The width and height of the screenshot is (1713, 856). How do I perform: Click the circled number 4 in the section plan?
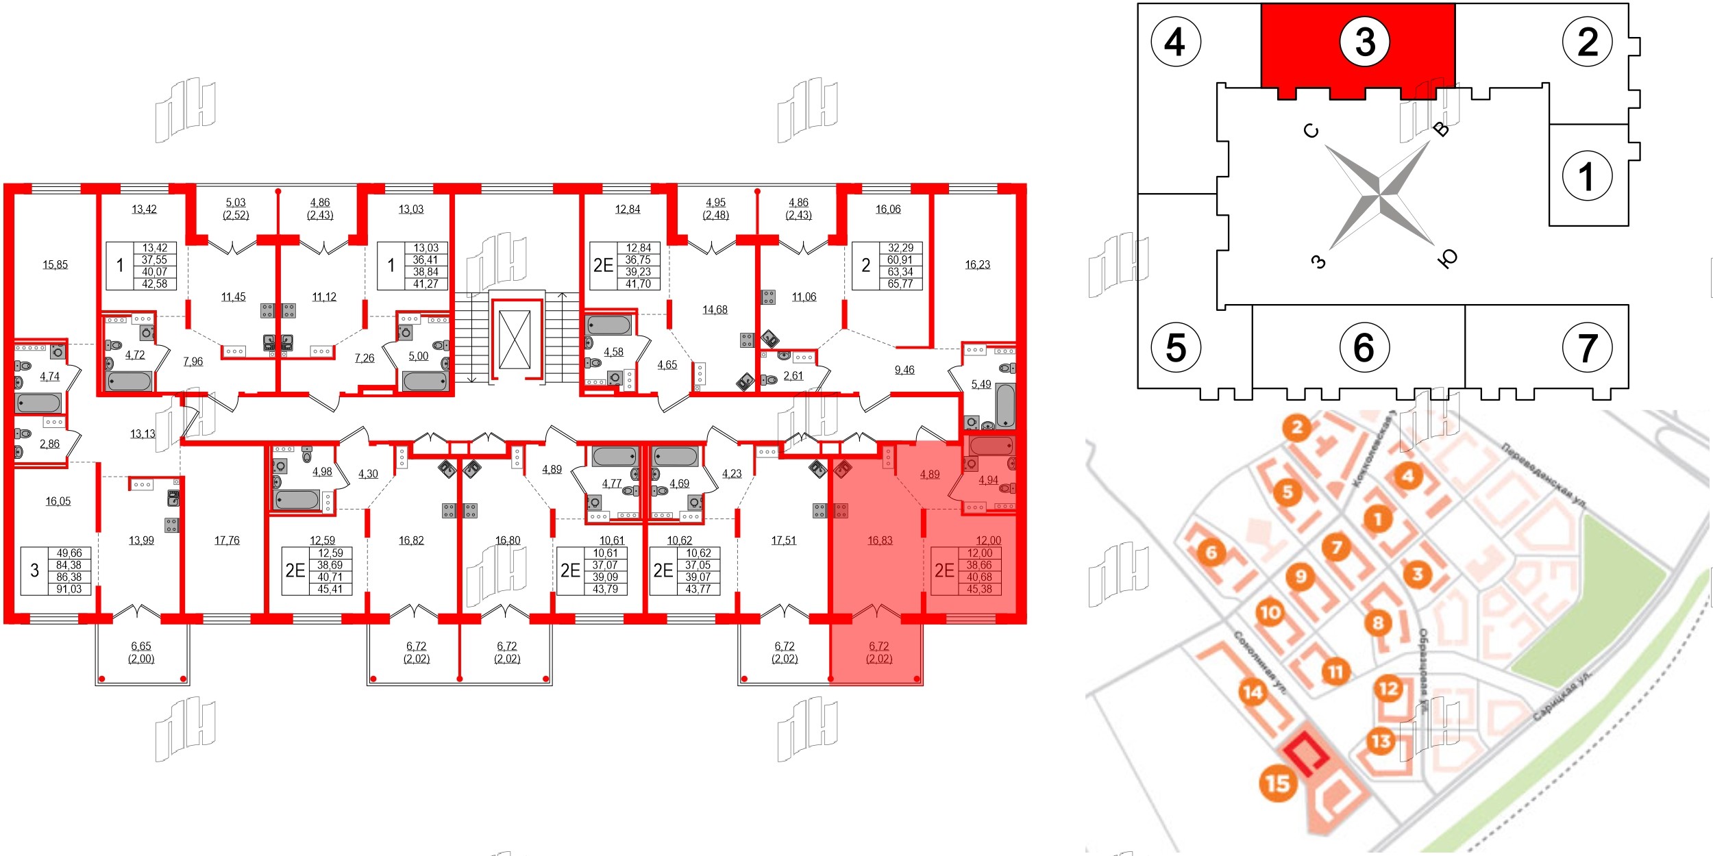click(1176, 42)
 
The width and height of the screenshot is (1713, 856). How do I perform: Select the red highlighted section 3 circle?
click(1364, 42)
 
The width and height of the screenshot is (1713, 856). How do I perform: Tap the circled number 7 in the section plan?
click(1587, 348)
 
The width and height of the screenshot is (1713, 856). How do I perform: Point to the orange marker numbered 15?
click(1278, 783)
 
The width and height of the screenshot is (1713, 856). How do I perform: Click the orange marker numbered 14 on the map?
click(1253, 692)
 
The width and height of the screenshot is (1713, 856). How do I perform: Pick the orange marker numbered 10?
click(1270, 612)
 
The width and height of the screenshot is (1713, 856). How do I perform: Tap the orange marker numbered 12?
click(1388, 688)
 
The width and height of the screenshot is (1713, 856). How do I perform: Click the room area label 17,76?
click(227, 540)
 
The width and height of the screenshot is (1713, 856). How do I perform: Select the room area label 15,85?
click(56, 264)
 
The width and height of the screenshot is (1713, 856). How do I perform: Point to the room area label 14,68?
click(715, 310)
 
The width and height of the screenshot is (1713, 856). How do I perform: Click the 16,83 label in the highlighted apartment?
click(880, 540)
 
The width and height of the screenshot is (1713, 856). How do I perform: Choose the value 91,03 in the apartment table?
click(69, 589)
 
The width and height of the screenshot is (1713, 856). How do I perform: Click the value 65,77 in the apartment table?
click(900, 284)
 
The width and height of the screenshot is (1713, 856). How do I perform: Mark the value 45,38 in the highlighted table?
click(979, 589)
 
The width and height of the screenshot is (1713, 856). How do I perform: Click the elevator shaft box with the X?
click(515, 340)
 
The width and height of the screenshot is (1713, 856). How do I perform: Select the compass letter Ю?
click(1447, 258)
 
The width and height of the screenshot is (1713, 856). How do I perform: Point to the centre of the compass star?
click(1379, 196)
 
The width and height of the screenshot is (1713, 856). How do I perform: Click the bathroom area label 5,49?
click(981, 384)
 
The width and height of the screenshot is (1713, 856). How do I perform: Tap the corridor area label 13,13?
click(143, 433)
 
